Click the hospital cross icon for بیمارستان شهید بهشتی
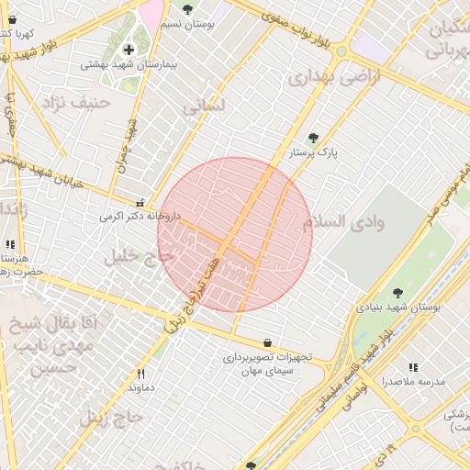128,50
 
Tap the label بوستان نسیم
187,25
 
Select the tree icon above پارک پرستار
313,139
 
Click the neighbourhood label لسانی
204,106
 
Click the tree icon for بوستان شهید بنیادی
397,293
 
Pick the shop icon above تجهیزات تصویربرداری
267,342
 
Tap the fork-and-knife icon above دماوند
140,374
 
